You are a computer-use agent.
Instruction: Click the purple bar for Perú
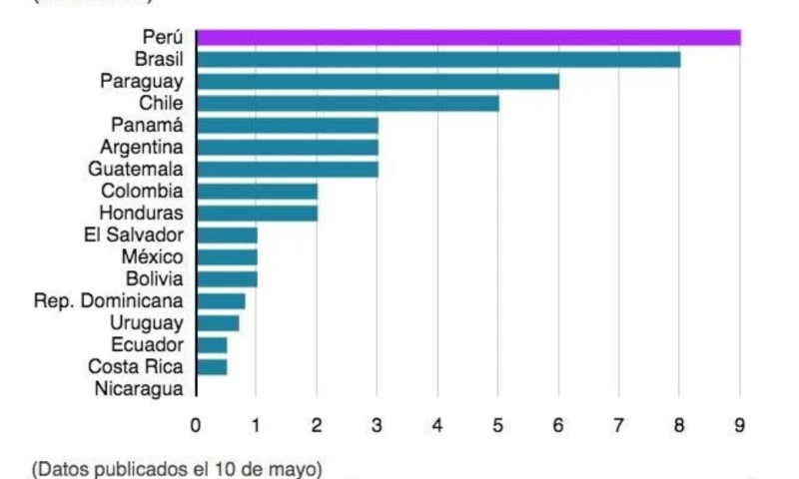tap(468, 38)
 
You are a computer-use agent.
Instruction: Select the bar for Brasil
tap(438, 60)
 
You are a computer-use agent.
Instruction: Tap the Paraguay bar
tap(378, 82)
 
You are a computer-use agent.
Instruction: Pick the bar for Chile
tap(348, 104)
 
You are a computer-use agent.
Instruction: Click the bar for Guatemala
tap(288, 169)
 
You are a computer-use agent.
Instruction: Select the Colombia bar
tap(257, 191)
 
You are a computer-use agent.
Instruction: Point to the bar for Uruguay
tap(218, 322)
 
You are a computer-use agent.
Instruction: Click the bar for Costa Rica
tap(212, 366)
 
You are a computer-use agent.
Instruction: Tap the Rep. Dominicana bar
tap(221, 300)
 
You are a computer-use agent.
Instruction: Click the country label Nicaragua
tap(139, 389)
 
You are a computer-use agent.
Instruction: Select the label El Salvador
tap(135, 235)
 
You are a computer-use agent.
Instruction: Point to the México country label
tap(152, 256)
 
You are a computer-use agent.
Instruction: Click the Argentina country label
tap(142, 148)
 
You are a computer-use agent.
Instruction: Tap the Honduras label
tap(142, 213)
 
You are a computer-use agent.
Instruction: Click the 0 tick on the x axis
tap(196, 425)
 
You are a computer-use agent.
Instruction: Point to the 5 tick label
tap(498, 425)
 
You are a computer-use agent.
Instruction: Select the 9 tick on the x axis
tap(740, 425)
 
